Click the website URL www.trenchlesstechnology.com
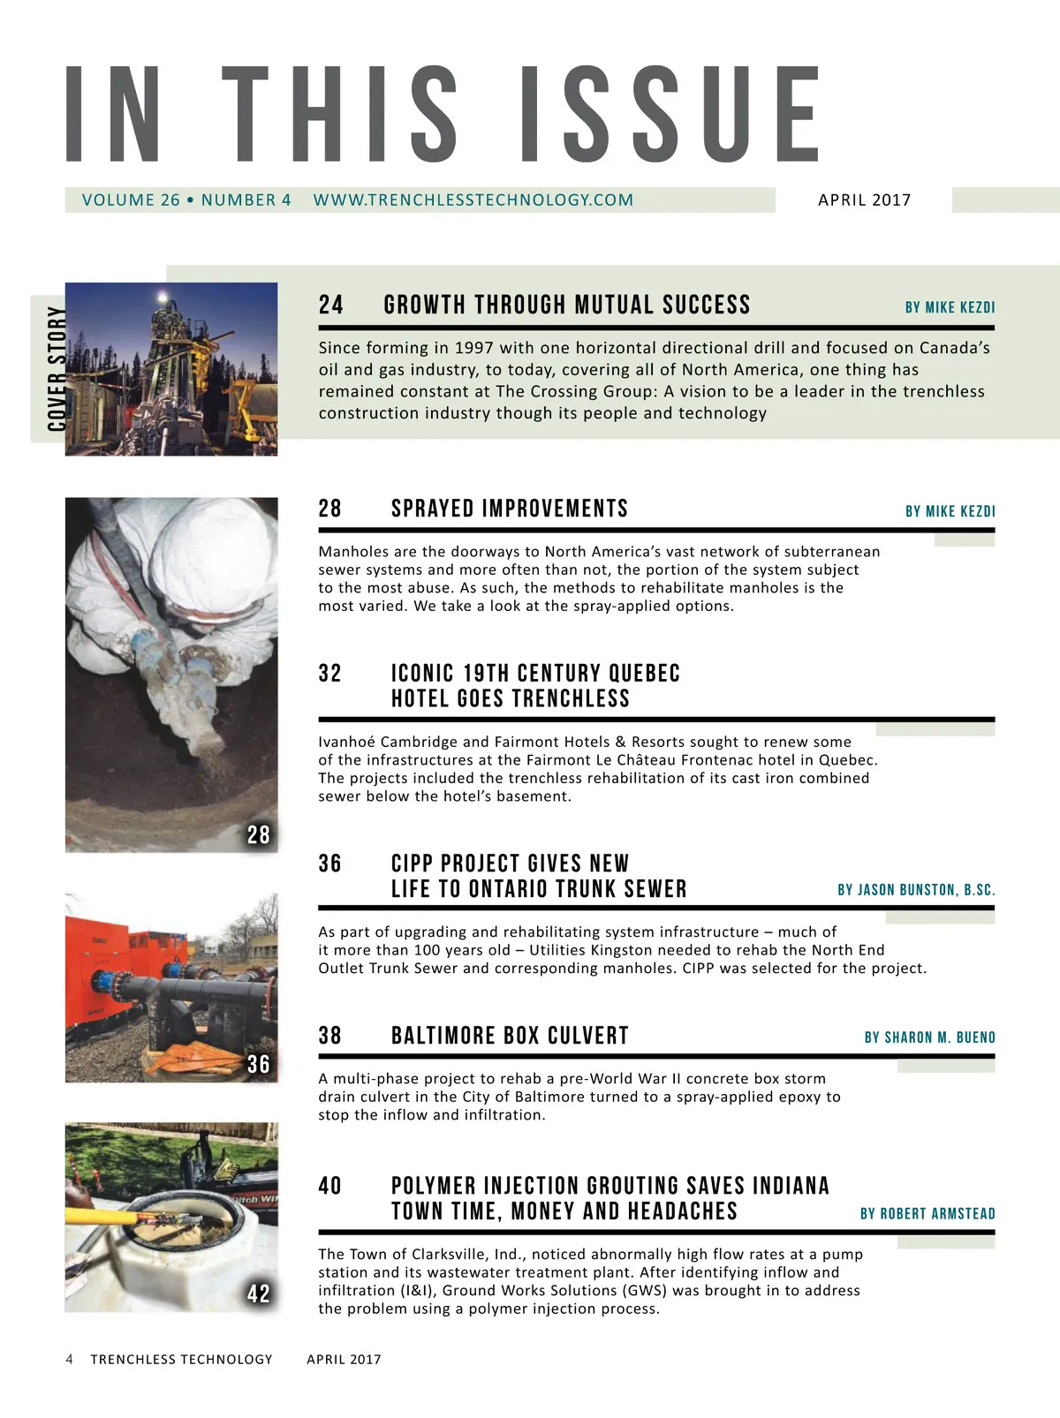coord(473,200)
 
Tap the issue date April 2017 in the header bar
coord(864,200)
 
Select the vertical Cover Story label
coord(57,369)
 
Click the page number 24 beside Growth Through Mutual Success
coord(331,305)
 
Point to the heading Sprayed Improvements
coord(509,509)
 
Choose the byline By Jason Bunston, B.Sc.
coord(916,890)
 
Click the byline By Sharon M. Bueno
coord(929,1037)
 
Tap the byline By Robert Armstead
coord(927,1214)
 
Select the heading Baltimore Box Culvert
coord(510,1036)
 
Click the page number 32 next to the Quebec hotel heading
coord(330,674)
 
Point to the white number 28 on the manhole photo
coord(258,834)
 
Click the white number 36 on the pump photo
coord(258,1064)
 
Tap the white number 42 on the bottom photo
coord(258,1294)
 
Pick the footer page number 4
coord(70,1360)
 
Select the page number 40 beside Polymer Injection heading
coord(330,1186)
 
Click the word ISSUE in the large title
coord(669,115)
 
